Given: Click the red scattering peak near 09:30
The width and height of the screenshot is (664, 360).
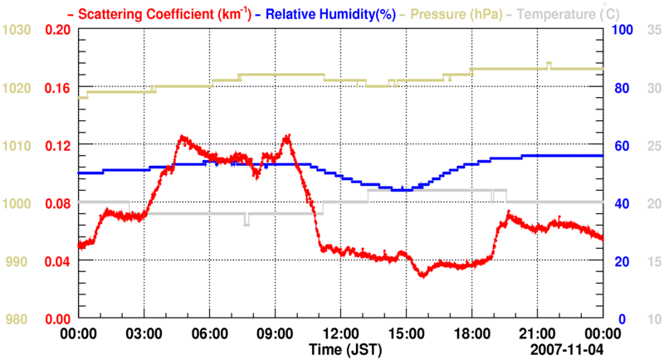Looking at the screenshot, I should (x=287, y=136).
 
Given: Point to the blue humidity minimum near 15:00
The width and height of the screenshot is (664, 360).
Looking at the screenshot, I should (x=403, y=190).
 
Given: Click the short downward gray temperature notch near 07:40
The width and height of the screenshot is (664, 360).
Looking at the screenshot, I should (x=247, y=222).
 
